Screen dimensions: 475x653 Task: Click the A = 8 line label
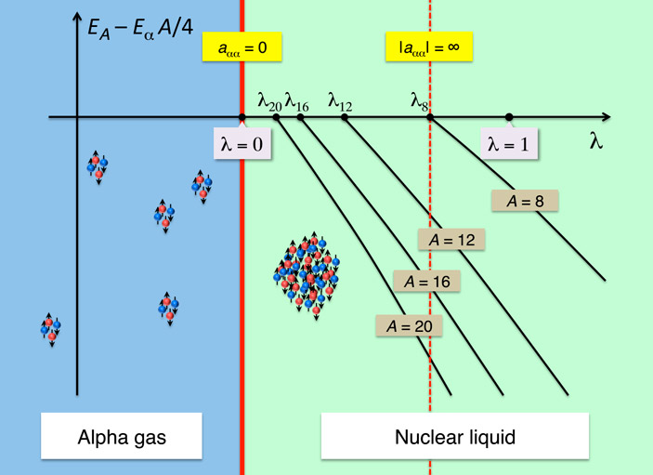tap(526, 201)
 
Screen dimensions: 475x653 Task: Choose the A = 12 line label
tap(451, 239)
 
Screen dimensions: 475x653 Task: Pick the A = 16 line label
tap(427, 281)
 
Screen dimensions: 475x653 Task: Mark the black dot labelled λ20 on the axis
tap(277, 117)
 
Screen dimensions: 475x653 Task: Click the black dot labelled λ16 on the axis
tap(301, 117)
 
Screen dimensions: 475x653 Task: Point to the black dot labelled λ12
tap(344, 117)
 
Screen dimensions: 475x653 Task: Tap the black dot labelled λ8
tap(429, 117)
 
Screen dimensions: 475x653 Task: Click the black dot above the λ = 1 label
tap(509, 117)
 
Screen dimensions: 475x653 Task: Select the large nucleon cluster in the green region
tap(307, 270)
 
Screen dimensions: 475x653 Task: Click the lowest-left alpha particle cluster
tap(51, 328)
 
